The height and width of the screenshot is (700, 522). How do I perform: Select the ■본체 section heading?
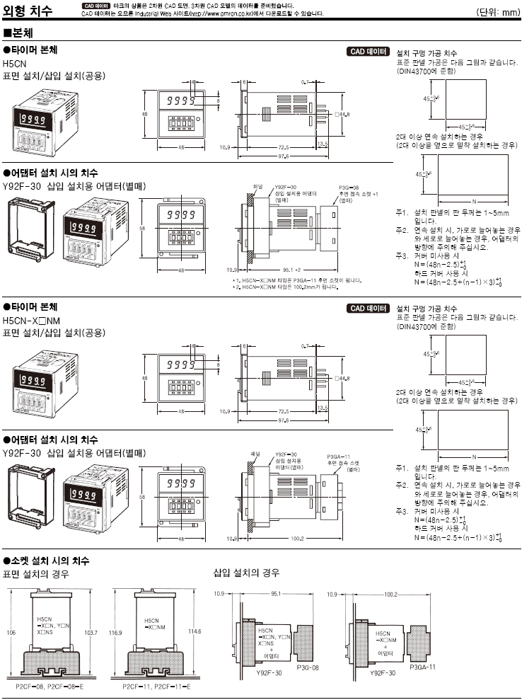(19, 33)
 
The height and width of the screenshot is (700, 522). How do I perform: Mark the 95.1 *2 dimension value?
(286, 269)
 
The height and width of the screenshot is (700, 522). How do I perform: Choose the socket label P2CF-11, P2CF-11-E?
(151, 686)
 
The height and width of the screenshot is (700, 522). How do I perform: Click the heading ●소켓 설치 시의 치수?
(46, 560)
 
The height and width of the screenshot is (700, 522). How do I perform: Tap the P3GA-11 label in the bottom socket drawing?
(422, 667)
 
